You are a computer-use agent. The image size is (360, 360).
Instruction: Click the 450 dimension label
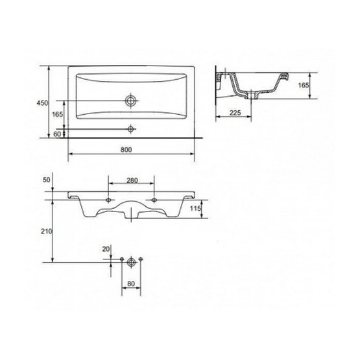(x=42, y=103)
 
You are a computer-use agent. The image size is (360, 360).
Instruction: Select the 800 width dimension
(x=126, y=150)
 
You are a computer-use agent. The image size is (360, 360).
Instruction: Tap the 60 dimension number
(x=57, y=134)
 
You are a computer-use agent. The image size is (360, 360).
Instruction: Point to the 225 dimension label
(x=235, y=113)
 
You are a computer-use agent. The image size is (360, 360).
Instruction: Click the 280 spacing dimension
(x=132, y=180)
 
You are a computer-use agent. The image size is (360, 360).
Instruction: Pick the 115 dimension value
(x=195, y=208)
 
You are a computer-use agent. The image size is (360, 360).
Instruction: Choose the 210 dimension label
(x=47, y=232)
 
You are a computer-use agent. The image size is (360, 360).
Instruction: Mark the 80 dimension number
(x=131, y=283)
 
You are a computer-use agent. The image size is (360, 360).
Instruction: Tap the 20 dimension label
(x=106, y=249)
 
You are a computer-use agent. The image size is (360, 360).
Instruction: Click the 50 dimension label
(x=46, y=180)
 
